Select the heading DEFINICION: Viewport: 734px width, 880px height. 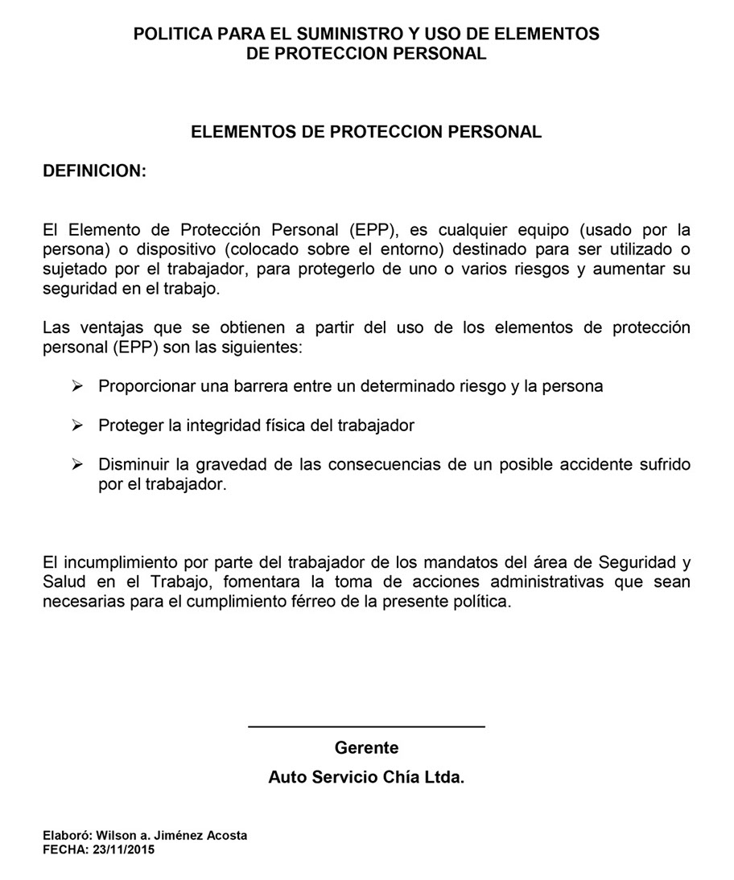tap(94, 171)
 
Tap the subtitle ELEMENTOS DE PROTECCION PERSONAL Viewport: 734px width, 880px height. tap(366, 132)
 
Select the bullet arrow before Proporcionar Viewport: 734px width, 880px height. tap(77, 386)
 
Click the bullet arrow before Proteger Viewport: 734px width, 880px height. tap(77, 426)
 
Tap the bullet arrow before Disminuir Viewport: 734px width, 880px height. tap(77, 465)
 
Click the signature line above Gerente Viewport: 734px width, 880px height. tap(366, 727)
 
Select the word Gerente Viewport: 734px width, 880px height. tap(366, 748)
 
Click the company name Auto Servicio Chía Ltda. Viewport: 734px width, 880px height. tap(366, 778)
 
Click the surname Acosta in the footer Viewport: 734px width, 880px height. tap(227, 836)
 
